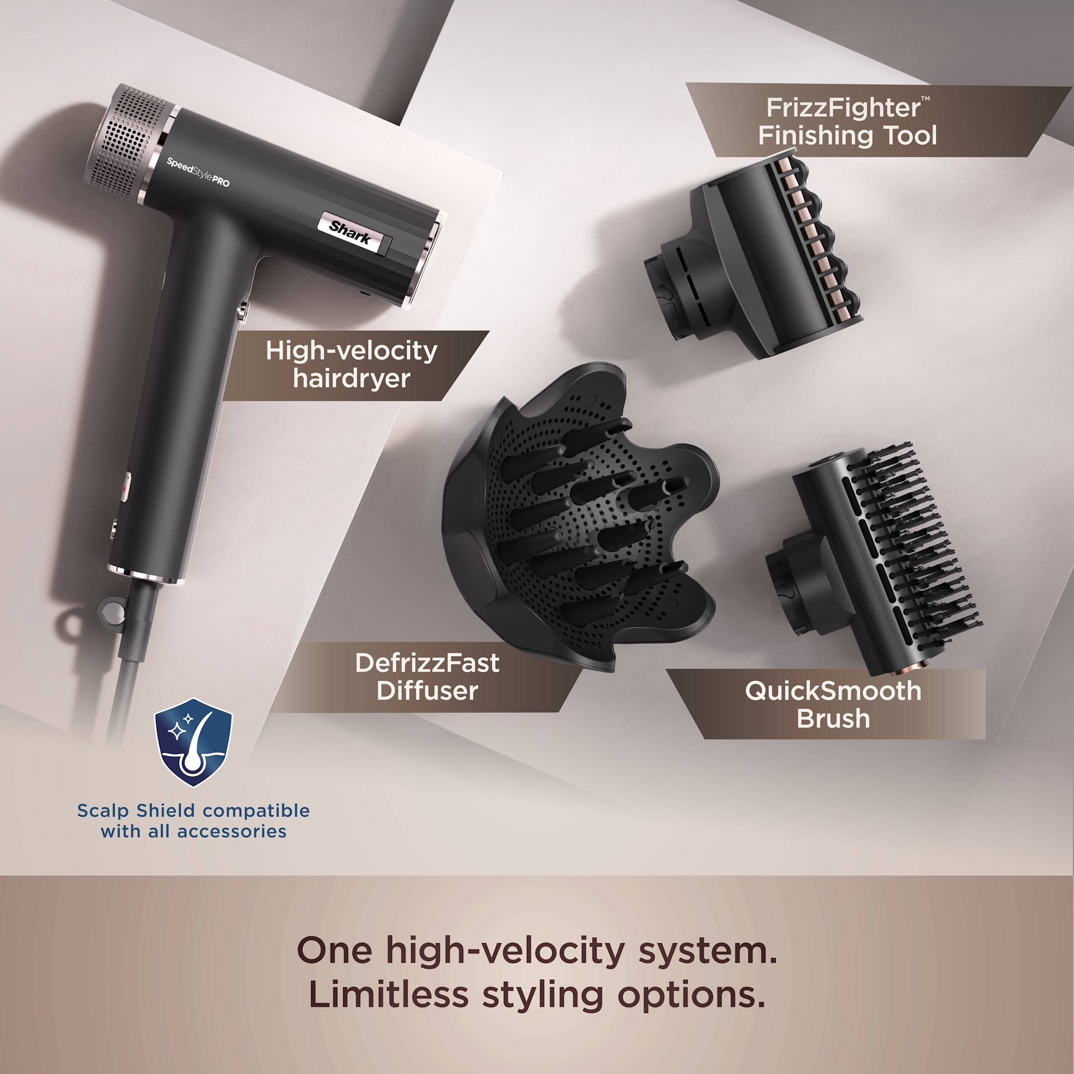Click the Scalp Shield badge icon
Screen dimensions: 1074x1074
pyautogui.click(x=193, y=743)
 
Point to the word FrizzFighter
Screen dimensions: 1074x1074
pyautogui.click(x=843, y=108)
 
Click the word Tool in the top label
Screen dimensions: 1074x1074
pyautogui.click(x=910, y=136)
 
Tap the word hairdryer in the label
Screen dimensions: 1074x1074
pyautogui.click(x=351, y=378)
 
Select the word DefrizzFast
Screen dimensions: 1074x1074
pyautogui.click(x=427, y=663)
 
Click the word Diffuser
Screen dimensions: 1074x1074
pyautogui.click(x=427, y=691)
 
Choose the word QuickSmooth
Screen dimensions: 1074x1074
pyautogui.click(x=833, y=691)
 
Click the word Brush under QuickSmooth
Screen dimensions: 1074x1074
pyautogui.click(x=833, y=719)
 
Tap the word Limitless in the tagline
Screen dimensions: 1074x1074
pyautogui.click(x=389, y=994)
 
